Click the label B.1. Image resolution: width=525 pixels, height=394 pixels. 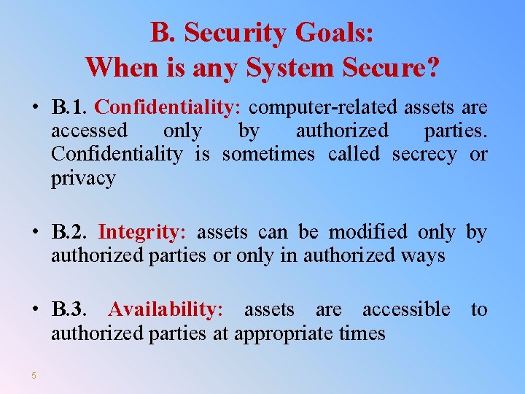pos(70,108)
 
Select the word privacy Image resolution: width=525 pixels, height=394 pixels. pos(83,178)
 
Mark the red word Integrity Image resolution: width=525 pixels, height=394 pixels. pos(142,233)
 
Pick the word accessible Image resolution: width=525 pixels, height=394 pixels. pos(406,310)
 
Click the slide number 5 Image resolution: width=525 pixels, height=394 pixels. pos(34,376)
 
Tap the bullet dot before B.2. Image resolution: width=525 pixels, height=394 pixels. pos(34,233)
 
